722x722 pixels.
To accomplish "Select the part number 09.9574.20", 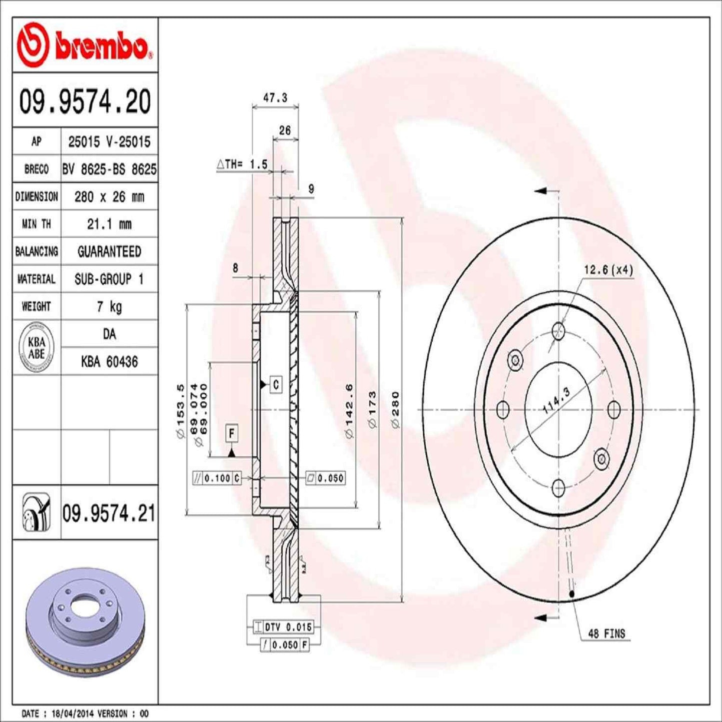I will point(85,101).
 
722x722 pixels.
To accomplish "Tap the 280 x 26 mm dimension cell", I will point(109,197).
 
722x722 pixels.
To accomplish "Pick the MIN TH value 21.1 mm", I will point(109,224).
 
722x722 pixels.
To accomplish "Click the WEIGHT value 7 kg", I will point(109,306).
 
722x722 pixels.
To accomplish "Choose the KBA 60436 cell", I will point(109,361).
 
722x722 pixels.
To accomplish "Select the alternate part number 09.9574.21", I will point(108,513).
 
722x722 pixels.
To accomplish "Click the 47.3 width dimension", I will point(275,98).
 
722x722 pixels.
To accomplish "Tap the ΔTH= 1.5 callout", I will point(242,164).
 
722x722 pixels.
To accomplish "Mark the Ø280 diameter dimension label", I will point(395,410).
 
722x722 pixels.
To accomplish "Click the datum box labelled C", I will point(275,384).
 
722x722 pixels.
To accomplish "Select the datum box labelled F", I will point(231,433).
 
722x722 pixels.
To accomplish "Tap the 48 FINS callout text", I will point(607,634).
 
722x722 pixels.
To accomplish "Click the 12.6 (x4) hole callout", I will point(608,270).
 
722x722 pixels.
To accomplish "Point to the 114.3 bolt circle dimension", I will point(556,401).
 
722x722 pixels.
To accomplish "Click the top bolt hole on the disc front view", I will point(558,330).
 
